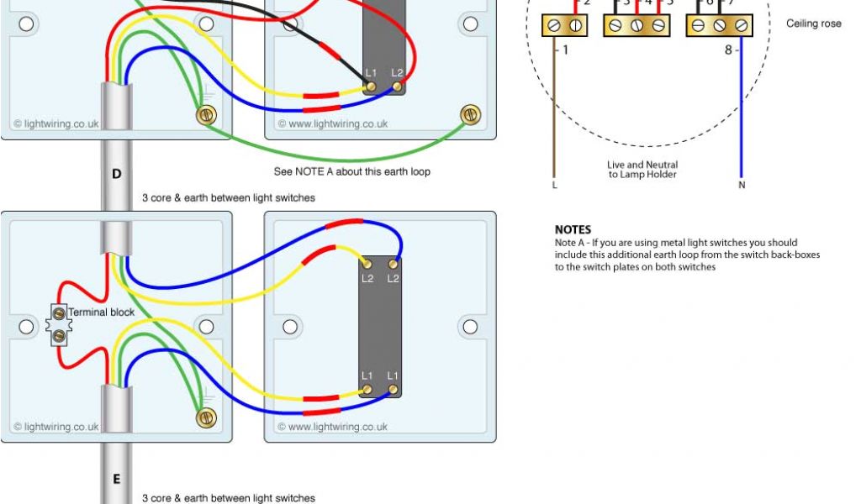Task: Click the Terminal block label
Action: (101, 312)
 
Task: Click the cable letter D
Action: (116, 174)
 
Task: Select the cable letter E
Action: (116, 480)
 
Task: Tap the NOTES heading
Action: (573, 229)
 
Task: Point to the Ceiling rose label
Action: (813, 24)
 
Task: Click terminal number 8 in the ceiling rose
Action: (728, 50)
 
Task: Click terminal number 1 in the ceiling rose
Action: (565, 50)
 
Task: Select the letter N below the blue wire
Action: (742, 185)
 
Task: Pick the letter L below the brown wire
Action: (554, 185)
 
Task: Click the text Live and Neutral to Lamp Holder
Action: (642, 170)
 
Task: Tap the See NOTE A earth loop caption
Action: (351, 171)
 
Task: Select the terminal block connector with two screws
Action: (59, 324)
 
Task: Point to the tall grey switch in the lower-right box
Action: (380, 326)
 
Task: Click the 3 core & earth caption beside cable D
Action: (229, 197)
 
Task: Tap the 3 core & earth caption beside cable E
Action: (229, 498)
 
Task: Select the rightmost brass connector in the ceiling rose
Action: (719, 26)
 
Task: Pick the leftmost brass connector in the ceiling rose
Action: (564, 26)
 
